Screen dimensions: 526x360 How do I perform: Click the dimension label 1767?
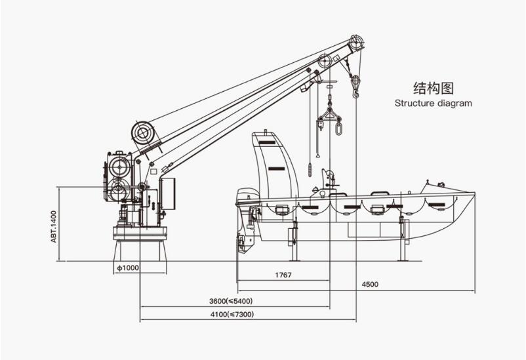tap(283, 275)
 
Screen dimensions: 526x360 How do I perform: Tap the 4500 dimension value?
tap(370, 285)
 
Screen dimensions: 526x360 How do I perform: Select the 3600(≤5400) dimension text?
tap(231, 301)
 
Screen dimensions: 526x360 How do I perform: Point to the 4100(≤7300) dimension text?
tap(232, 314)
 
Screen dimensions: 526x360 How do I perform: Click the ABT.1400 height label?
tap(53, 226)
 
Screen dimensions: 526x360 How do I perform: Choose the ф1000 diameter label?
tap(127, 268)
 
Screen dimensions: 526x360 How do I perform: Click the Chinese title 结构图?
tap(434, 88)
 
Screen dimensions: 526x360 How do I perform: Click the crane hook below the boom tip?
tap(355, 87)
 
